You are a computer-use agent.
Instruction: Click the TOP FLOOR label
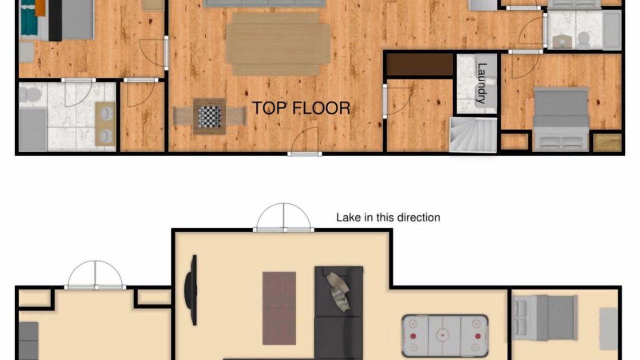(301, 108)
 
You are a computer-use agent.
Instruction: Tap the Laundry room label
(482, 83)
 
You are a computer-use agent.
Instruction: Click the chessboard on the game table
(209, 117)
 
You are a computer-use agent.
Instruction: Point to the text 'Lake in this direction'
(388, 217)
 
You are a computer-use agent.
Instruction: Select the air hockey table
(445, 335)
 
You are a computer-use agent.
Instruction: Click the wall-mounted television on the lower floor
(191, 290)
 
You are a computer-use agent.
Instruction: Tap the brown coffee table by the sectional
(279, 308)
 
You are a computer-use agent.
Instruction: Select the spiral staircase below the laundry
(473, 135)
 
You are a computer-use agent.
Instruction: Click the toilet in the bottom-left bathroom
(29, 94)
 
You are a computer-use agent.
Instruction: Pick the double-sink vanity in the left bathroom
(105, 123)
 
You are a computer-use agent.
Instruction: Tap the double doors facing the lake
(283, 217)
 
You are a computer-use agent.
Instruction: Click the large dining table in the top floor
(278, 43)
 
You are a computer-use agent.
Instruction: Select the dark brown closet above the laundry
(419, 64)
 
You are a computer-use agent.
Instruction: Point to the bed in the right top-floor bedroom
(560, 119)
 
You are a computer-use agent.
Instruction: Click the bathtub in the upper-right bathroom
(612, 30)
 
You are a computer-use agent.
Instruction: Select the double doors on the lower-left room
(95, 275)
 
